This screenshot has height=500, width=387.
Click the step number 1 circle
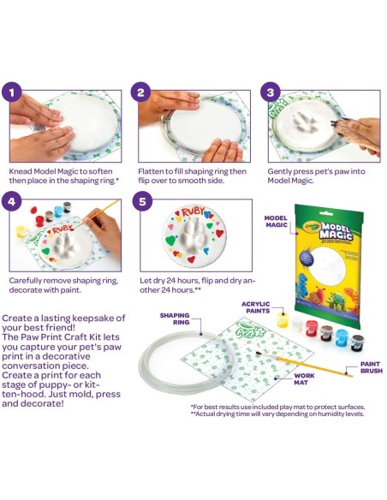pos(12,92)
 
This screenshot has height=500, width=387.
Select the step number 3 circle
pos(271,92)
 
